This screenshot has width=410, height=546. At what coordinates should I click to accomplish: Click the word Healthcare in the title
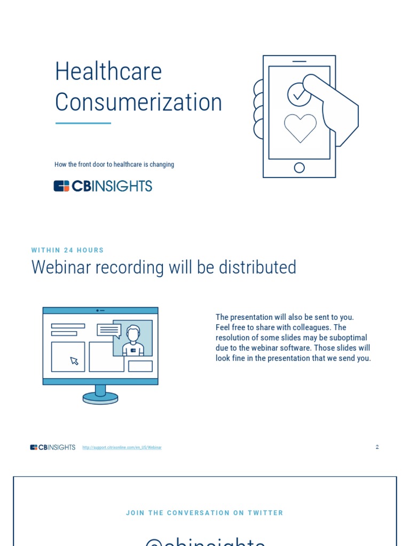tap(108, 71)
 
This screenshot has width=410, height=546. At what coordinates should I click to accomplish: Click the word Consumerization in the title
tap(138, 102)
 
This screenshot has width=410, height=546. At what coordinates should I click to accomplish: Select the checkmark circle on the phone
tap(298, 94)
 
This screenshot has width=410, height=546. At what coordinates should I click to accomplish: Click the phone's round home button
tap(299, 168)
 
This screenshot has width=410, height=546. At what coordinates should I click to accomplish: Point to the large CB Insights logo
tap(103, 186)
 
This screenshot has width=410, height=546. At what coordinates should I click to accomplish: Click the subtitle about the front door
tap(114, 164)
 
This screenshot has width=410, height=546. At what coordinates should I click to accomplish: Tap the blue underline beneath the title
tap(83, 123)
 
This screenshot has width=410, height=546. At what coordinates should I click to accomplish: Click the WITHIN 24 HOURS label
tap(68, 250)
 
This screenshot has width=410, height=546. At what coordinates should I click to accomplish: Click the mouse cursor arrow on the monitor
tap(74, 361)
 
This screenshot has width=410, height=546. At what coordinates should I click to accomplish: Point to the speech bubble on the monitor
tap(109, 331)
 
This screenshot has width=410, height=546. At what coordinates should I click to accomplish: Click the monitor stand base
tap(100, 398)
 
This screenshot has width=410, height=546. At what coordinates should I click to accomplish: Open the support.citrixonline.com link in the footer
tap(122, 447)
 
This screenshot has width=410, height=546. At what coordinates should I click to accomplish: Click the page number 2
tap(377, 447)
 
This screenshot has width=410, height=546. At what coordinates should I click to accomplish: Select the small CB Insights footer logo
tap(53, 447)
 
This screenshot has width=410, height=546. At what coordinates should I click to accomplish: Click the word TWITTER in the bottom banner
tap(265, 513)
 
